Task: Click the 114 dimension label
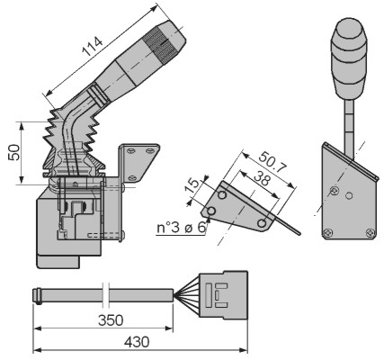[x=94, y=46]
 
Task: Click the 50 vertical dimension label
[x=14, y=152]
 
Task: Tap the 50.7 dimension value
[x=272, y=163]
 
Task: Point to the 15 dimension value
[x=192, y=186]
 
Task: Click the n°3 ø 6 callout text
[x=182, y=228]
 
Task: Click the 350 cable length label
[x=111, y=320]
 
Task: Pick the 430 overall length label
[x=137, y=342]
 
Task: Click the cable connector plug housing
[x=224, y=295]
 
